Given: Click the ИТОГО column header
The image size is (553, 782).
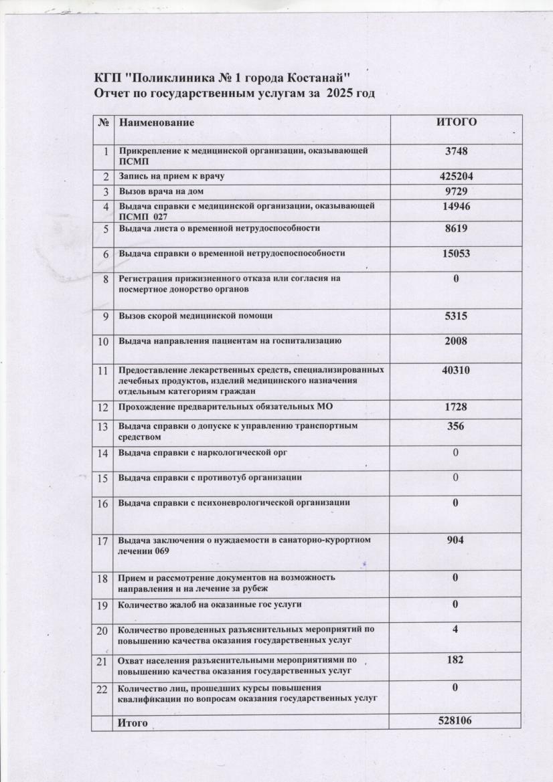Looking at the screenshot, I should pyautogui.click(x=456, y=122).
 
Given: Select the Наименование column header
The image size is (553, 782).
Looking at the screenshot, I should pyautogui.click(x=157, y=123).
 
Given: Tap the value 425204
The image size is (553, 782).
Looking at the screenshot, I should pyautogui.click(x=456, y=177).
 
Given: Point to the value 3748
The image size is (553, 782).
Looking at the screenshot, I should pyautogui.click(x=456, y=152).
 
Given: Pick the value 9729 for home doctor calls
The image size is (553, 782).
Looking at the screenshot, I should pyautogui.click(x=456, y=192).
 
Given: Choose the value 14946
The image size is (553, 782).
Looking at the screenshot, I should pyautogui.click(x=456, y=207).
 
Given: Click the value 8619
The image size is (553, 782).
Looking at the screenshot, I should pyautogui.click(x=456, y=229).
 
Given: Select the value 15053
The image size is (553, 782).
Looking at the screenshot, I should pyautogui.click(x=456, y=254).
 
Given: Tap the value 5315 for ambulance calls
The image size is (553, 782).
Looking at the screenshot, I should pyautogui.click(x=456, y=316).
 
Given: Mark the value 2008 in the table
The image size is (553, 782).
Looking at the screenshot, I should pyautogui.click(x=456, y=341).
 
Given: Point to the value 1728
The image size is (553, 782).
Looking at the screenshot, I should pyautogui.click(x=456, y=407).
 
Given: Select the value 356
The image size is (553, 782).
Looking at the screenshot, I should pyautogui.click(x=456, y=426).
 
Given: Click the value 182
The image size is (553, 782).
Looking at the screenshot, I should pyautogui.click(x=456, y=660).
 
